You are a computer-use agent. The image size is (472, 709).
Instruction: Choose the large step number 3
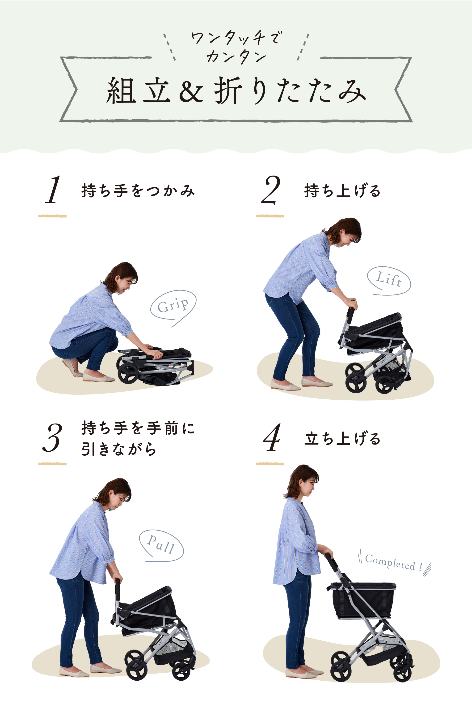[x=52, y=438]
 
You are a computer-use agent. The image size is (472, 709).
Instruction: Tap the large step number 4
[x=272, y=438]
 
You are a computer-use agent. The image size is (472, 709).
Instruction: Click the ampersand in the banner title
[x=191, y=91]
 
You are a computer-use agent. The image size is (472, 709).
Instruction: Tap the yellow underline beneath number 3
[x=52, y=464]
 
